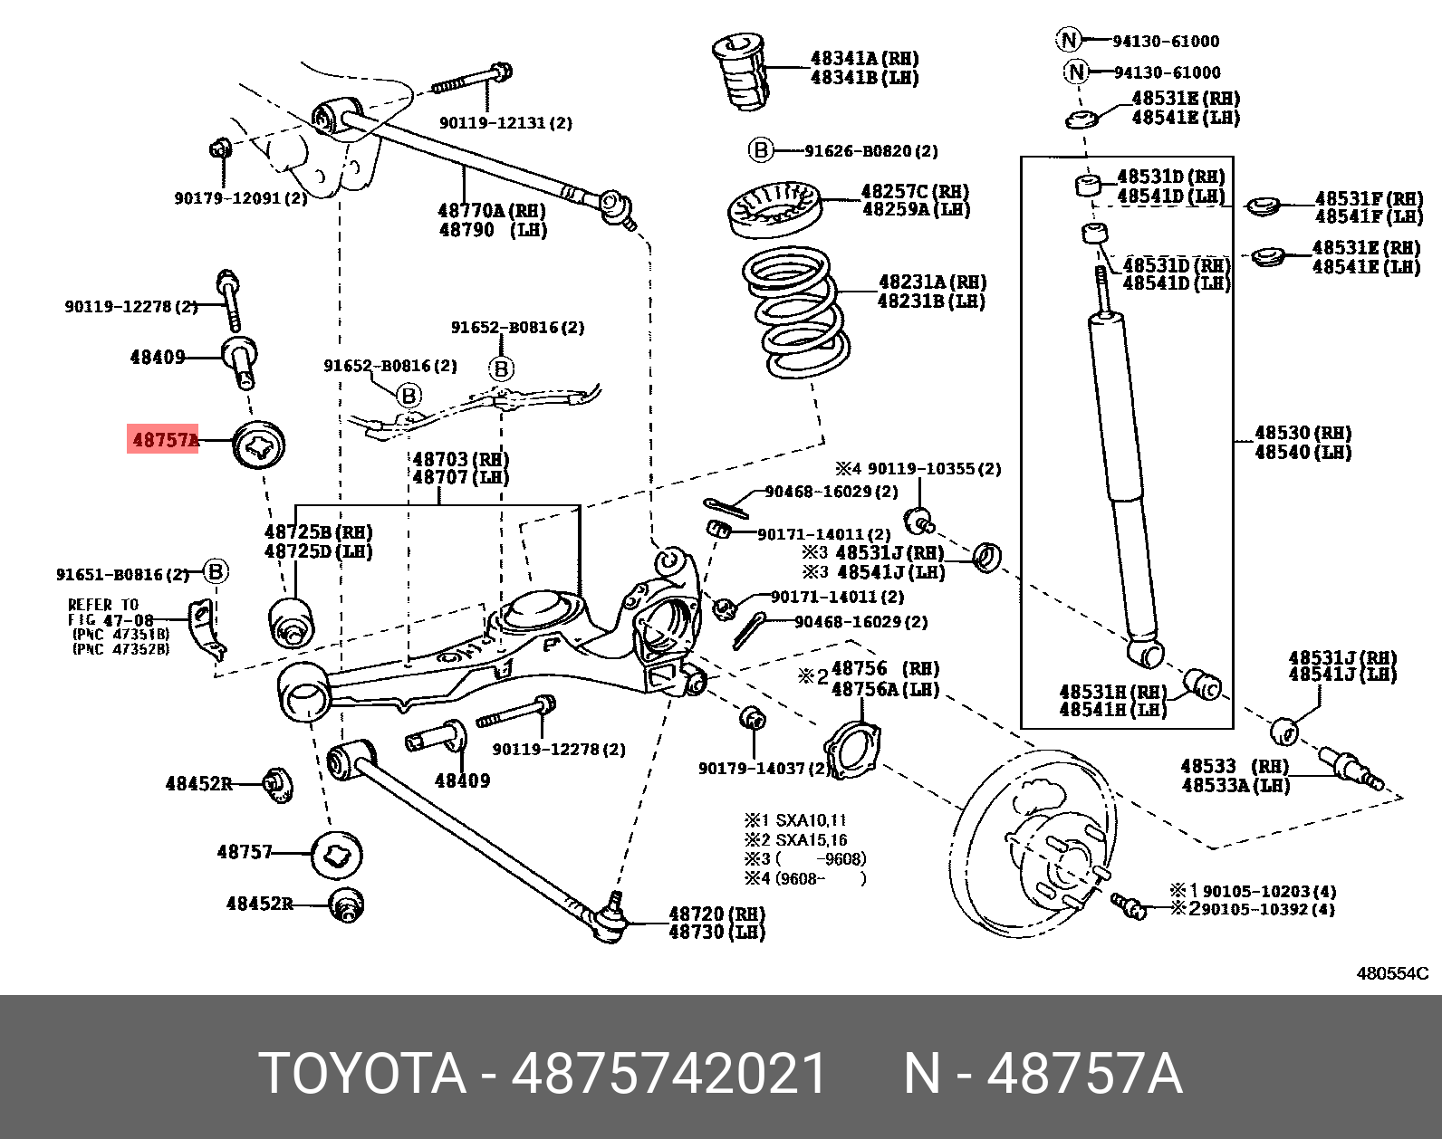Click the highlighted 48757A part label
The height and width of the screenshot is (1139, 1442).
[x=164, y=440]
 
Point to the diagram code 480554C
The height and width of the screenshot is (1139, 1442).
[x=1391, y=973]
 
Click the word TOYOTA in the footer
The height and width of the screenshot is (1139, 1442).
[x=362, y=1075]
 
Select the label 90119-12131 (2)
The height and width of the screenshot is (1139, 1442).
[x=505, y=123]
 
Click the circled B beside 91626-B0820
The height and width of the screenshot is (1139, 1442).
[x=760, y=150]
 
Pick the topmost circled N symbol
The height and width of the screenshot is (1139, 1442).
[x=1069, y=40]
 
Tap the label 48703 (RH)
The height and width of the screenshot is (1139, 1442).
[x=460, y=458]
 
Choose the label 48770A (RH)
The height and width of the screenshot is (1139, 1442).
[x=489, y=210]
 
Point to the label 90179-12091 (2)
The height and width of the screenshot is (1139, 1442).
[x=240, y=197]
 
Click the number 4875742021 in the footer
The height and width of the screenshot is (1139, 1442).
[x=669, y=1075]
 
